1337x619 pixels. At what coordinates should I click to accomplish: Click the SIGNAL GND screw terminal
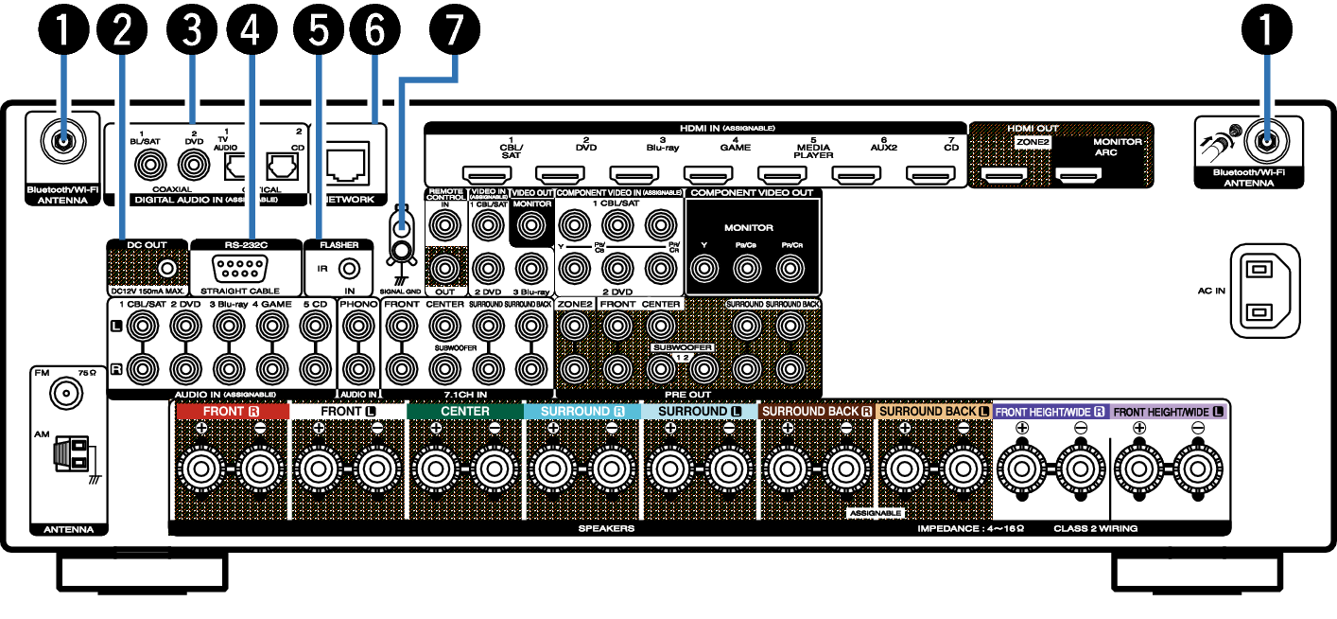tap(402, 251)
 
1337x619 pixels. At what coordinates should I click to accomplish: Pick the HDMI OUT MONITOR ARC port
tap(1078, 174)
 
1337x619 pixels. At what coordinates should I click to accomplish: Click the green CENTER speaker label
tap(464, 412)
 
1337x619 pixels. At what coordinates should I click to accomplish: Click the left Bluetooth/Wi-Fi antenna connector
tap(62, 143)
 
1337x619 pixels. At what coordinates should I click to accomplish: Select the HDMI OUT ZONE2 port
tap(1003, 174)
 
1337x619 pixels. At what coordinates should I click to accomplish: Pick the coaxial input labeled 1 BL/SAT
tap(148, 167)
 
